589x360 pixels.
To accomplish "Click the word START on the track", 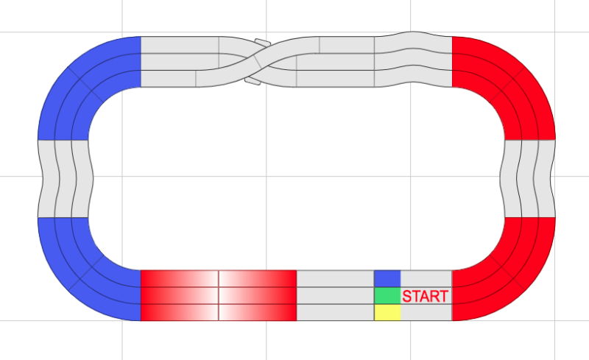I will pos(425,296).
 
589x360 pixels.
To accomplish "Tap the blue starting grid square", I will pos(387,278).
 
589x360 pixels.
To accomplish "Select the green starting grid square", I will pos(387,295).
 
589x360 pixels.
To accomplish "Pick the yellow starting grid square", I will pos(387,312).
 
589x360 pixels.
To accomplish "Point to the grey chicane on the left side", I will pos(64,178).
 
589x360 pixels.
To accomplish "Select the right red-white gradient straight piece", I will pos(258,295).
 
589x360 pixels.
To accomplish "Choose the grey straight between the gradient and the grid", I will pos(335,295).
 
